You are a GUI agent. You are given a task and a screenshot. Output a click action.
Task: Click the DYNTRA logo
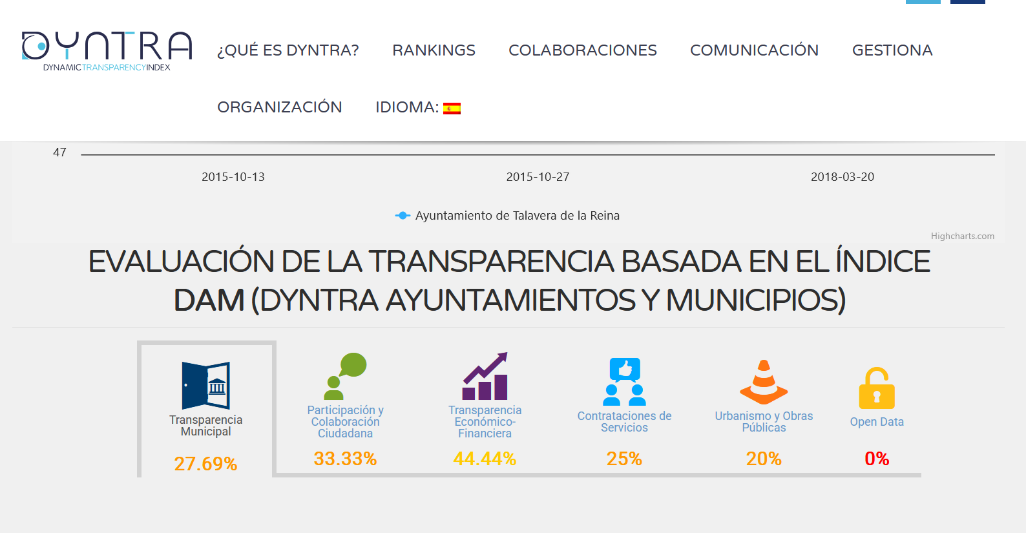coord(107,50)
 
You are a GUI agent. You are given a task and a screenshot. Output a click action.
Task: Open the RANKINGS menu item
coord(434,50)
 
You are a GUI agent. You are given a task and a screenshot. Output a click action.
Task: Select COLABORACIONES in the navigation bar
coord(582,50)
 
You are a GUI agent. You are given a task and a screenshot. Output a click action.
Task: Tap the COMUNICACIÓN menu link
coord(754,50)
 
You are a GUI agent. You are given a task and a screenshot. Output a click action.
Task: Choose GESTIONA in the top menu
coord(892,50)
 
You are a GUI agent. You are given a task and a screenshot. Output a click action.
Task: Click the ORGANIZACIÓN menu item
coord(279,107)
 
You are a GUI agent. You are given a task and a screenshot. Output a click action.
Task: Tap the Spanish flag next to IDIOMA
coord(452,108)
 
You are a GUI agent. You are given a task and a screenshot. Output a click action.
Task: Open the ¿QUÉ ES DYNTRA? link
coord(288,50)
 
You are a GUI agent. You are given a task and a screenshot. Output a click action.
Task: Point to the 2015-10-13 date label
coord(233,177)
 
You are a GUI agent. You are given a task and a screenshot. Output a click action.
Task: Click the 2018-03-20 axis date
coord(842,177)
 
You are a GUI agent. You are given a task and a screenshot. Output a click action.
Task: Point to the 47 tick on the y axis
coord(59,152)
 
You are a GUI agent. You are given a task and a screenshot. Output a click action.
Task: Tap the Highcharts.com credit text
coord(962,236)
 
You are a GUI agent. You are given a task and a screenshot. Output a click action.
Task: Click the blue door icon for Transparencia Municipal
coord(205,385)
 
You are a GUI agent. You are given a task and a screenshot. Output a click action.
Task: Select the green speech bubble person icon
coord(345,376)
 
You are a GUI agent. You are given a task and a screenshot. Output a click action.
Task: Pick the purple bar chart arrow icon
coord(485,377)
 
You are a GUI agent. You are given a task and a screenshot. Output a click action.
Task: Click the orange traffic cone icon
coord(764,382)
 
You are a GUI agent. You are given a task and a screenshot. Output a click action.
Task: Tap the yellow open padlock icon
coord(876,388)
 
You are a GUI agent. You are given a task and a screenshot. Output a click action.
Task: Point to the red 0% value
coord(876,459)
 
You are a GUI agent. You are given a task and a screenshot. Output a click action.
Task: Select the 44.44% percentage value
coord(485,459)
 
